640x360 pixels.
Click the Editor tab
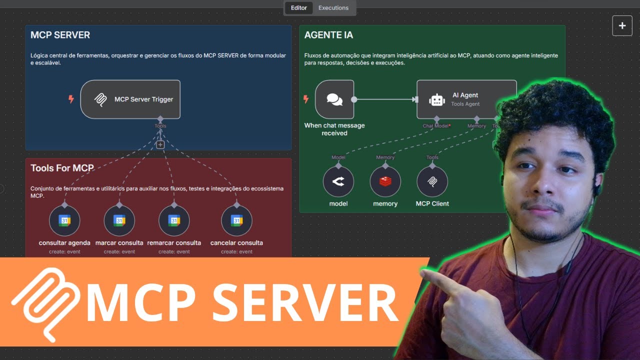(299, 8)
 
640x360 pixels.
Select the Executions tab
(333, 8)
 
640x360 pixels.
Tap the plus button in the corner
(622, 25)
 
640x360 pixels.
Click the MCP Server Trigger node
(130, 99)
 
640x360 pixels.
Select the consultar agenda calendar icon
(64, 220)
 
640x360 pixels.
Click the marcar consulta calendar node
(119, 220)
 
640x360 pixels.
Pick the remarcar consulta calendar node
(174, 220)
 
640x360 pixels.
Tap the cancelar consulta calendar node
(236, 220)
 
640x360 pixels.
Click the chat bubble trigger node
(334, 99)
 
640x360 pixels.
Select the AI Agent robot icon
(437, 99)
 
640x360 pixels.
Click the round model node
(338, 181)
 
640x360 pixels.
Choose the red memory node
(385, 181)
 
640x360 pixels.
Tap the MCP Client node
(432, 181)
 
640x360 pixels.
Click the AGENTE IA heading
(328, 35)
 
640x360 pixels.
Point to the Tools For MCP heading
(62, 168)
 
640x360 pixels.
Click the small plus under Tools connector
(160, 144)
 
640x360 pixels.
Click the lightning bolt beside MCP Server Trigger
(71, 99)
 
